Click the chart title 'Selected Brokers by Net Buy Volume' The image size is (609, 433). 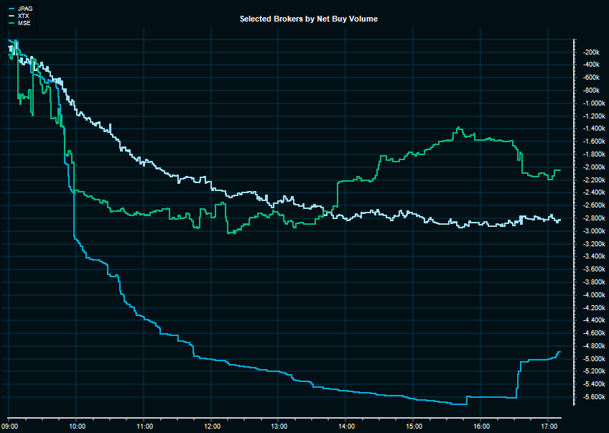pyautogui.click(x=309, y=19)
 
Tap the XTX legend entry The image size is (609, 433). pyautogui.click(x=23, y=16)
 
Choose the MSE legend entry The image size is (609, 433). pyautogui.click(x=23, y=24)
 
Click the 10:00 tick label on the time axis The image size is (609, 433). pyautogui.click(x=77, y=426)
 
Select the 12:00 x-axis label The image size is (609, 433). pyautogui.click(x=212, y=426)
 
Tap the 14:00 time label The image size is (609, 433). pyautogui.click(x=346, y=426)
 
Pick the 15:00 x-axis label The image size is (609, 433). pyautogui.click(x=414, y=426)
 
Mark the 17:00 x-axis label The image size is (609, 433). pyautogui.click(x=548, y=426)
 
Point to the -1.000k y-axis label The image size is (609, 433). pyautogui.click(x=592, y=103)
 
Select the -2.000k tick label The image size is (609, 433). pyautogui.click(x=592, y=167)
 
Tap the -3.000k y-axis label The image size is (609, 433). pyautogui.click(x=592, y=231)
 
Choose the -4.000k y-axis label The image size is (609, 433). pyautogui.click(x=592, y=295)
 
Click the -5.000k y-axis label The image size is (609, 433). pyautogui.click(x=592, y=359)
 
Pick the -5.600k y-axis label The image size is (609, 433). pyautogui.click(x=592, y=397)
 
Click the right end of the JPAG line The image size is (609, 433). pyautogui.click(x=559, y=353)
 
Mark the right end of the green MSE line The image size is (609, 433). pyautogui.click(x=559, y=170)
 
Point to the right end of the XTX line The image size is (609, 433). pyautogui.click(x=559, y=219)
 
